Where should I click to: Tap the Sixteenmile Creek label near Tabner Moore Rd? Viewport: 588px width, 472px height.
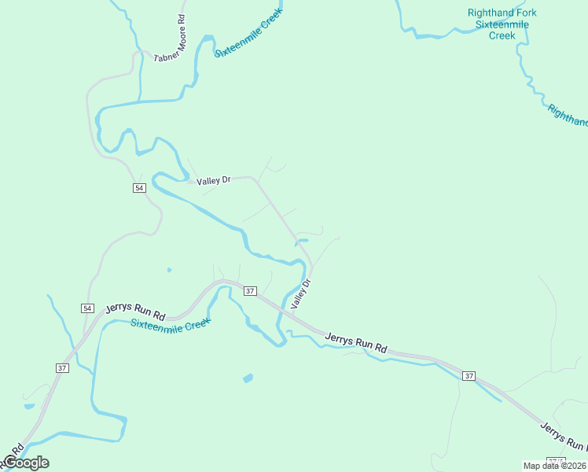pos(248,33)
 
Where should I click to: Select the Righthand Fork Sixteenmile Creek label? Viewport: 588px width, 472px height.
pos(502,24)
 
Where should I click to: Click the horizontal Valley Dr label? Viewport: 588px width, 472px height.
pos(214,181)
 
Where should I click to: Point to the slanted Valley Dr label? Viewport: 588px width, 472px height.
pos(301,293)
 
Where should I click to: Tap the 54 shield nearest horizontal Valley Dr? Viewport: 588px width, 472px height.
pos(139,188)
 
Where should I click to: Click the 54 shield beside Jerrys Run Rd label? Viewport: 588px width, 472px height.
pos(87,308)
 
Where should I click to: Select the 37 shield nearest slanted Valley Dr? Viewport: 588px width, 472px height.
pos(250,291)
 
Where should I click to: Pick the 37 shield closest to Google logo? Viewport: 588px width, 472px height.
pos(62,367)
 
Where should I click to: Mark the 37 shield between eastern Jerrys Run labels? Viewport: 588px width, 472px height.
pos(469,375)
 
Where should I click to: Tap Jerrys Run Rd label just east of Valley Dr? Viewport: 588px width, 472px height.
pos(357,342)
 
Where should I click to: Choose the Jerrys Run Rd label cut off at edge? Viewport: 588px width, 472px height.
pos(563,437)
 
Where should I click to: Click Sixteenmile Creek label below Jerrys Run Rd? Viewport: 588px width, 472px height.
pos(171,324)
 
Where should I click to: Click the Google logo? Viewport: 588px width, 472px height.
pos(25,463)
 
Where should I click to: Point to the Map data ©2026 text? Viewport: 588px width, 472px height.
pos(555,465)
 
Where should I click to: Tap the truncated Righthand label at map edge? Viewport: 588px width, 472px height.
pos(568,116)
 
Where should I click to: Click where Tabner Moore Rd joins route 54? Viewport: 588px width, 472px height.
pos(142,53)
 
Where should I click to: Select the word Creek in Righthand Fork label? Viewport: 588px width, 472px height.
pos(502,35)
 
